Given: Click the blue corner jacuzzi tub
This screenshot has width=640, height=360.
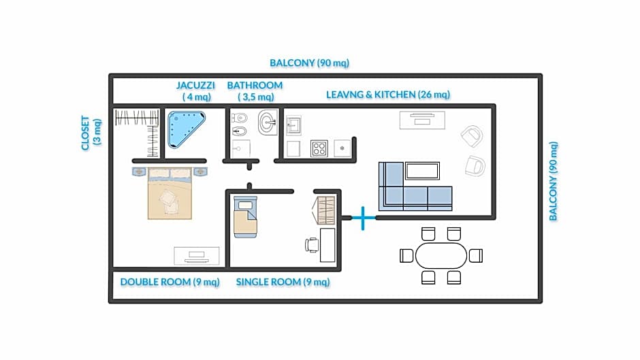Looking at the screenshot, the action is pyautogui.click(x=184, y=128).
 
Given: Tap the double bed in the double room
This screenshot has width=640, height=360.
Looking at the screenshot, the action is pyautogui.click(x=170, y=193).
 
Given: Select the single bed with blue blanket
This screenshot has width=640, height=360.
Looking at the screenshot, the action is pyautogui.click(x=245, y=216).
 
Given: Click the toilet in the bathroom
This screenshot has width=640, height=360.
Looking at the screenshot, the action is pyautogui.click(x=240, y=118).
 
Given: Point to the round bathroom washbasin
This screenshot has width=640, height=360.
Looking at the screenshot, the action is pyautogui.click(x=268, y=122).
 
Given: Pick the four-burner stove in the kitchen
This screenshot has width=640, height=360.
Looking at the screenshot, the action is pyautogui.click(x=319, y=148).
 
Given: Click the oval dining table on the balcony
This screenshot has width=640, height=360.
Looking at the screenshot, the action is pyautogui.click(x=441, y=256).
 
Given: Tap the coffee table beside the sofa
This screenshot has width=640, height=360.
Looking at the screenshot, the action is pyautogui.click(x=422, y=171).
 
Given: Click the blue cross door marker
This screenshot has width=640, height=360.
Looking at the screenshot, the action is pyautogui.click(x=362, y=218).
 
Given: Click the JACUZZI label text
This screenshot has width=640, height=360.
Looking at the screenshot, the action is pyautogui.click(x=195, y=85).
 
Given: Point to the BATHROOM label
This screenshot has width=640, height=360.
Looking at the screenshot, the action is pyautogui.click(x=255, y=85).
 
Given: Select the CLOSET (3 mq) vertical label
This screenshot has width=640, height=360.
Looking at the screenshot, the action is pyautogui.click(x=91, y=133).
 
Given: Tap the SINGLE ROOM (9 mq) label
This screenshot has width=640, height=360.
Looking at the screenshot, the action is pyautogui.click(x=283, y=282).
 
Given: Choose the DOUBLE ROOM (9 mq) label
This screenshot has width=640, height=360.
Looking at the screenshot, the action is pyautogui.click(x=170, y=282).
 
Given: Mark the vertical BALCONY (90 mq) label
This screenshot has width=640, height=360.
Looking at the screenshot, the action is pyautogui.click(x=553, y=181).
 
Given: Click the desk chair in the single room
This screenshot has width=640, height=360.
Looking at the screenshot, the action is pyautogui.click(x=312, y=245).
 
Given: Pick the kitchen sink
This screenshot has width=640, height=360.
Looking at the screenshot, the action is pyautogui.click(x=293, y=125).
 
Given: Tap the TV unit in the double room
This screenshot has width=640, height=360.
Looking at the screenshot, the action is pyautogui.click(x=197, y=256).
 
